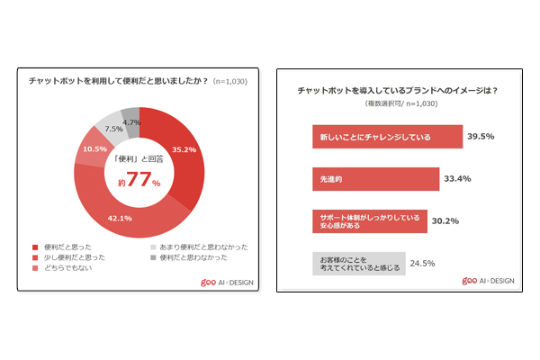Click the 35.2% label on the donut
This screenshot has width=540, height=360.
184,148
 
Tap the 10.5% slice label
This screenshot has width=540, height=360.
94,149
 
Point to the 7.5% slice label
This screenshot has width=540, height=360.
114,128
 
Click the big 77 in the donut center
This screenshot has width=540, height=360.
138,181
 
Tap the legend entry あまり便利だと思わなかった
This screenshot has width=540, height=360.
197,247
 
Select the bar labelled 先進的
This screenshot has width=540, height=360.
373,179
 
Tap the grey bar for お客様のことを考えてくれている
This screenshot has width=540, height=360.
355,264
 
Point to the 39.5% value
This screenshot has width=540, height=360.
481,138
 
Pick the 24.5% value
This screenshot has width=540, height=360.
423,264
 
